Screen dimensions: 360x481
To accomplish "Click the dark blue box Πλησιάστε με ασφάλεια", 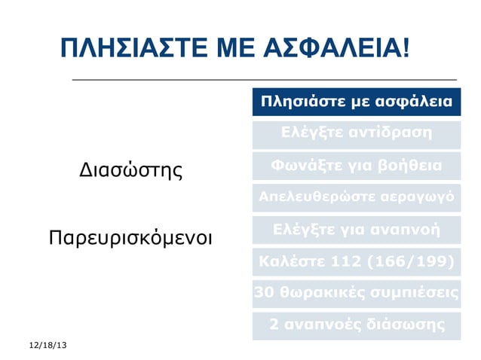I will [x=356, y=102].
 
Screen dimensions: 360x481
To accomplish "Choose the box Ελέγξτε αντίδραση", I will [x=356, y=133].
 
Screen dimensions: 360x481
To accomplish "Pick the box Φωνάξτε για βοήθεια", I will [x=356, y=165].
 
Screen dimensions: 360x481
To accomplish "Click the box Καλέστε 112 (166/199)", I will [x=356, y=261].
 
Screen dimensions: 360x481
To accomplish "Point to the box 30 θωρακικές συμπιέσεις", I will [x=356, y=293].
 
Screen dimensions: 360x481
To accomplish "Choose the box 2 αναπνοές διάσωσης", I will [x=356, y=325].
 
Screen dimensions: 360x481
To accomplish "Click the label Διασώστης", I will [x=131, y=169].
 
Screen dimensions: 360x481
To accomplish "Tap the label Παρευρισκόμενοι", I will [x=130, y=239].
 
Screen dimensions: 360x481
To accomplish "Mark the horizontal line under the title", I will [x=264, y=79].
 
